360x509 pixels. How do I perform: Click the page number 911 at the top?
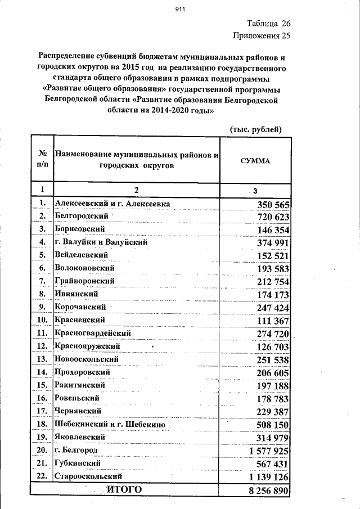coord(180,9)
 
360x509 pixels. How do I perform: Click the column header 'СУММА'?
coord(255,160)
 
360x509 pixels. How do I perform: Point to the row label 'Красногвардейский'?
coord(92,334)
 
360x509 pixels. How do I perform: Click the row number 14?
coord(41,372)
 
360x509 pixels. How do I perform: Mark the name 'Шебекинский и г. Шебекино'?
coord(109,424)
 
